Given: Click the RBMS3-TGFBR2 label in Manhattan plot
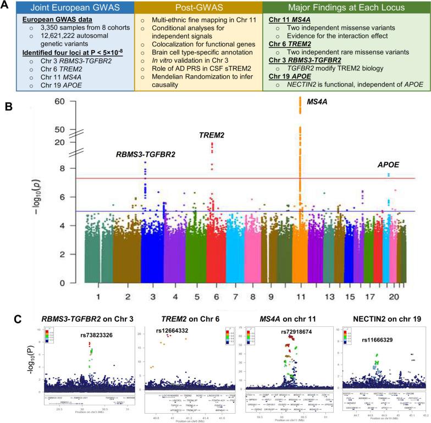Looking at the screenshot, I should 146,155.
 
